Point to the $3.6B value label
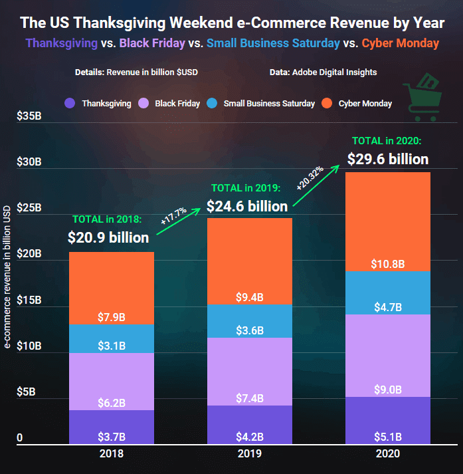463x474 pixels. pos(250,330)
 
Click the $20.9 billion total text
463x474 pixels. pos(108,237)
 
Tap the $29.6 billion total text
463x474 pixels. pos(388,160)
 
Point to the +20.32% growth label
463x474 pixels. pos(310,178)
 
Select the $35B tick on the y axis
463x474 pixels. pos(29,116)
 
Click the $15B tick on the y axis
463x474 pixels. pos(29,300)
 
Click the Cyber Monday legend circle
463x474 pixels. pos(327,103)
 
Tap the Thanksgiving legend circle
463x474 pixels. pos(70,103)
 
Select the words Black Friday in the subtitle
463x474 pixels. pos(152,43)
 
